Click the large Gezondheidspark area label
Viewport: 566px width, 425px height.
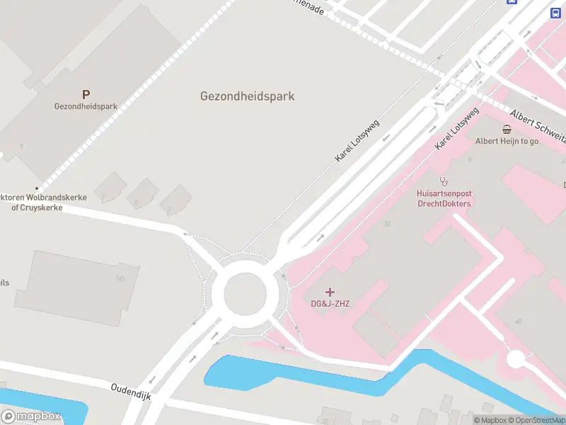click(x=247, y=96)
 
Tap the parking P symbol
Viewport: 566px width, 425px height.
click(x=86, y=94)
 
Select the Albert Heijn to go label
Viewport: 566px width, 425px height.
click(x=507, y=141)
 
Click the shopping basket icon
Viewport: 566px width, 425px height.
click(x=507, y=129)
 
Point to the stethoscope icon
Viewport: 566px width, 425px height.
click(x=444, y=181)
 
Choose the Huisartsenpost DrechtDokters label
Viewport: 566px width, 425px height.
click(x=443, y=198)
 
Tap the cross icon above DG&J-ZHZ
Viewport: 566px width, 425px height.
click(x=330, y=292)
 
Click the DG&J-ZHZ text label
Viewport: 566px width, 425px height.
click(x=330, y=304)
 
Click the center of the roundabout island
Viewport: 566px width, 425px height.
click(x=245, y=292)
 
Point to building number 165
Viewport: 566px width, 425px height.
click(x=120, y=278)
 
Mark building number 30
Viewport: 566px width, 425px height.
click(x=386, y=225)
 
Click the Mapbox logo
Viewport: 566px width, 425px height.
click(x=31, y=416)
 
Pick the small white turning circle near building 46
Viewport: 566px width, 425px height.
click(x=516, y=359)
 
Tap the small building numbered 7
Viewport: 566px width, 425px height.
click(x=104, y=196)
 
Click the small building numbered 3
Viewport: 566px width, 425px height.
click(x=169, y=209)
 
